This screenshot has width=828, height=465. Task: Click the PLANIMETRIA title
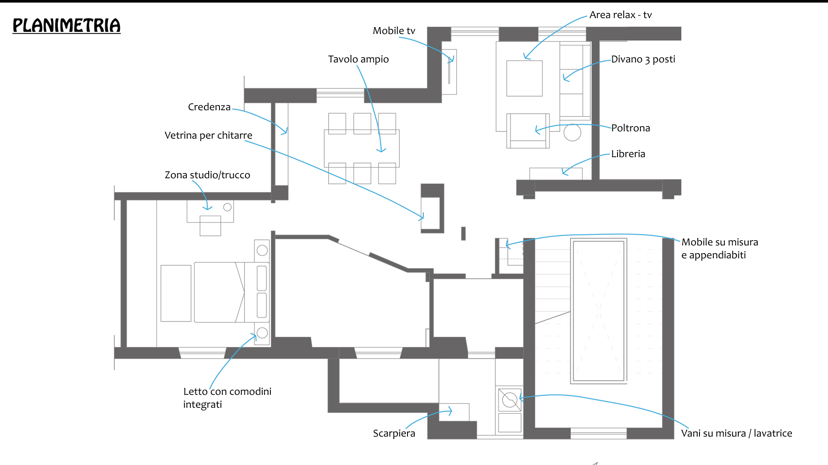coord(66,25)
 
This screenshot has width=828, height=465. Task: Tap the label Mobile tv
coord(394,31)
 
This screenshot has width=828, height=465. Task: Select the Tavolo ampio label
coord(358,59)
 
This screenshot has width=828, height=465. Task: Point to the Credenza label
coord(209,107)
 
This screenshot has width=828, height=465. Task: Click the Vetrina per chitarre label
coord(208,136)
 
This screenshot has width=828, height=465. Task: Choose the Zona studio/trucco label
coord(207,175)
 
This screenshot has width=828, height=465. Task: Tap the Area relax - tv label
coord(620,15)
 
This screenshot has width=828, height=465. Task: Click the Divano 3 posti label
coord(643,59)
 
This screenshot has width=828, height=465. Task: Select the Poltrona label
coord(630,128)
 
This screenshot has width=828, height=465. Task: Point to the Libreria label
coord(628,154)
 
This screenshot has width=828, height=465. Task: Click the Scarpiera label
coord(394,434)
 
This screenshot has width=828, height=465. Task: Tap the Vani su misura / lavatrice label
coord(736,434)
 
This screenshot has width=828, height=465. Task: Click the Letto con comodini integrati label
coord(227,398)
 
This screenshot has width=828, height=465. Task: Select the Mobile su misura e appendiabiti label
coord(719,248)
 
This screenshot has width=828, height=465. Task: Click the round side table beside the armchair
coord(572,133)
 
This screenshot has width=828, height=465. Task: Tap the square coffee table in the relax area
coord(524,78)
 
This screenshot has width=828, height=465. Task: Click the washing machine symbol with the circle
coord(510,400)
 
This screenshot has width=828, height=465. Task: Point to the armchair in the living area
coord(528,131)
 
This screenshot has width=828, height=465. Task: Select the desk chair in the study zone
coord(210,226)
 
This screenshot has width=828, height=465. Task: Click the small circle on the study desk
coord(227,208)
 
